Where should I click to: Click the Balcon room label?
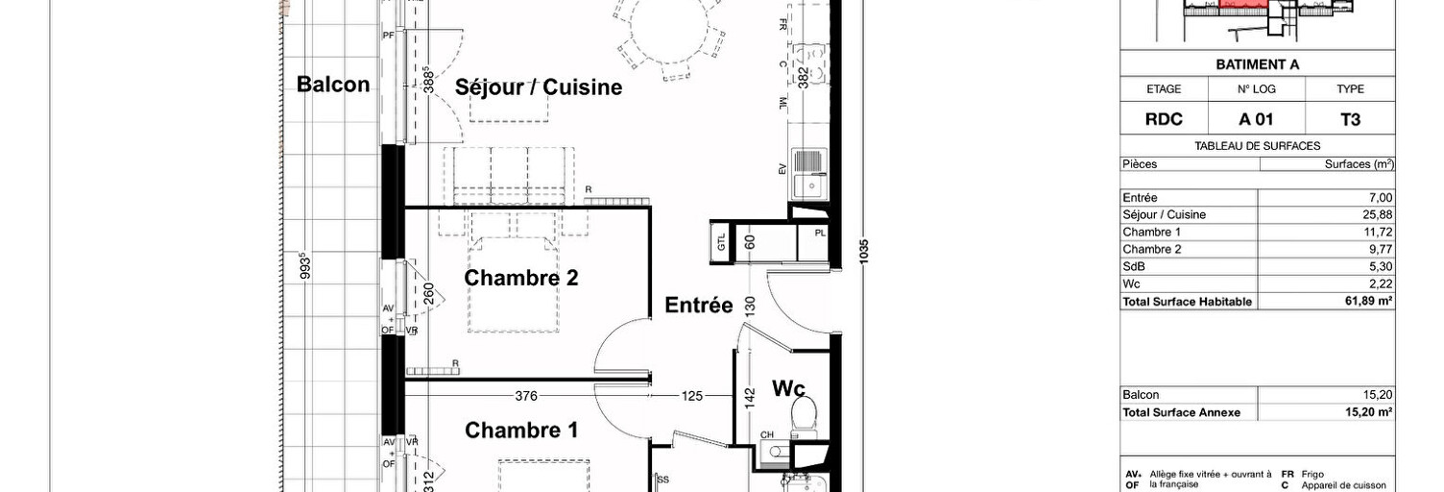[333, 85]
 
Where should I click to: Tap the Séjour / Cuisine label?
[539, 87]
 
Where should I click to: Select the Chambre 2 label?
[521, 278]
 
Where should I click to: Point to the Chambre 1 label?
[521, 430]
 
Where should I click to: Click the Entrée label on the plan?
[699, 306]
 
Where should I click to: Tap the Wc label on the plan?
[788, 388]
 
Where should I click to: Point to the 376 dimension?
[525, 394]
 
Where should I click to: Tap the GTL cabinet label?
[720, 241]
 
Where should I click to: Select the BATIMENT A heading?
[1257, 64]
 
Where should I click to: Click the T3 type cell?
[1350, 120]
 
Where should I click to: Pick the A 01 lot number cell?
[1257, 120]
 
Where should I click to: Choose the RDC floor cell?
[1164, 120]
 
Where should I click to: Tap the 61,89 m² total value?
[1370, 302]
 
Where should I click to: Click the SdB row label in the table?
[1133, 267]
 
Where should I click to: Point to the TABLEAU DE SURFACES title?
[1257, 146]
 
